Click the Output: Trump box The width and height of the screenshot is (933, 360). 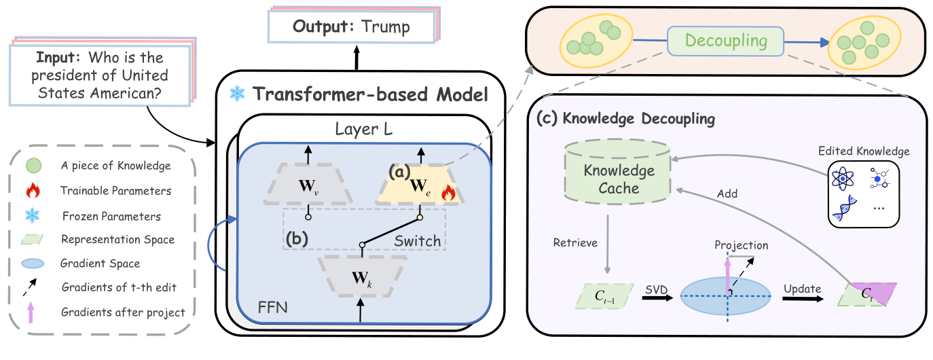tap(352, 26)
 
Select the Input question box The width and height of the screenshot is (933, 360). tap(100, 75)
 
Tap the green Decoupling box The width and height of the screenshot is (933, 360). tap(726, 41)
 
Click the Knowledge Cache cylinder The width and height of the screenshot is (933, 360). tap(618, 172)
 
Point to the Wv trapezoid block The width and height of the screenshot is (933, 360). tap(308, 184)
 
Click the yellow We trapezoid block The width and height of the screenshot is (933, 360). tap(420, 184)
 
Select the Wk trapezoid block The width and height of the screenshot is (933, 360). tap(361, 276)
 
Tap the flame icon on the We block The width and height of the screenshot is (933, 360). tap(448, 192)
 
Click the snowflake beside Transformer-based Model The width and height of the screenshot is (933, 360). tap(238, 94)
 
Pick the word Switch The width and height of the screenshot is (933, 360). tap(418, 241)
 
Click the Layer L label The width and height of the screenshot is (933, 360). tap(363, 129)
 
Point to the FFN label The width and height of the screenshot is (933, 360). tap(273, 308)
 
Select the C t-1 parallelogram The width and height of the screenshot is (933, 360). tap(605, 296)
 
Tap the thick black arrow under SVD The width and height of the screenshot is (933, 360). tap(658, 298)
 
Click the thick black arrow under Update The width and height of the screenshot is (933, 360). tap(803, 298)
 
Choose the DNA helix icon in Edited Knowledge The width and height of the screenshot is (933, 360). tap(844, 207)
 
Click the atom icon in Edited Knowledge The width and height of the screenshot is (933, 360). tap(843, 179)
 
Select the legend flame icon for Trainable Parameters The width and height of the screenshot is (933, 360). tap(33, 190)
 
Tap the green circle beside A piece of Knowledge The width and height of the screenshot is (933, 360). tap(34, 166)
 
